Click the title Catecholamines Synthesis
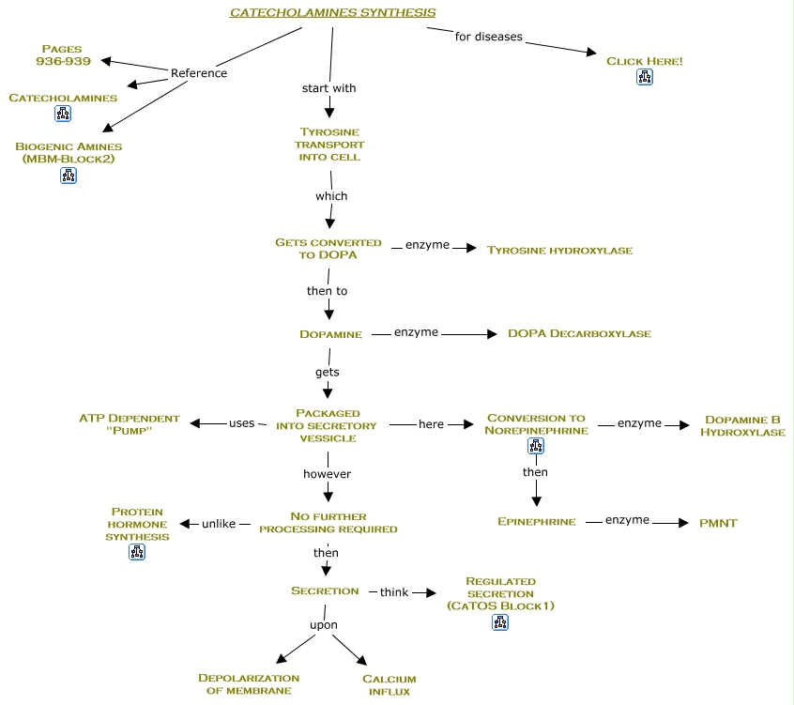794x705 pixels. pyautogui.click(x=333, y=12)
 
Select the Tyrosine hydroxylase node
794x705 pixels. pyautogui.click(x=559, y=251)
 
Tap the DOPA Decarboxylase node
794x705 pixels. pyautogui.click(x=579, y=333)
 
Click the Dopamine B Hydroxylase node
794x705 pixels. pyautogui.click(x=744, y=425)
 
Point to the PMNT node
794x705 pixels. pyautogui.click(x=718, y=523)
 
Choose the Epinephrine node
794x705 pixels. pyautogui.click(x=536, y=522)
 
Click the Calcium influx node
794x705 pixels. pyautogui.click(x=389, y=684)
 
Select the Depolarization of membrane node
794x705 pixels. pyautogui.click(x=249, y=684)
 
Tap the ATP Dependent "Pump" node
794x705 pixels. pyautogui.click(x=129, y=424)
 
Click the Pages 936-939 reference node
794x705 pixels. pyautogui.click(x=62, y=54)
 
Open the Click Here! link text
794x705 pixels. pyautogui.click(x=644, y=61)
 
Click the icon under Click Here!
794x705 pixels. pyautogui.click(x=644, y=78)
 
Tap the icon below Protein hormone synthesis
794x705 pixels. pyautogui.click(x=137, y=552)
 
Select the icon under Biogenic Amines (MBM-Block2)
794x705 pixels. pyautogui.click(x=69, y=175)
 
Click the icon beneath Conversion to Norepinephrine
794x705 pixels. pyautogui.click(x=536, y=447)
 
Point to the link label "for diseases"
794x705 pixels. pyautogui.click(x=488, y=38)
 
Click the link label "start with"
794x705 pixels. pyautogui.click(x=328, y=88)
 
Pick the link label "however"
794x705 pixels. pyautogui.click(x=327, y=474)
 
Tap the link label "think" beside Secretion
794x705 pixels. pyautogui.click(x=394, y=592)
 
